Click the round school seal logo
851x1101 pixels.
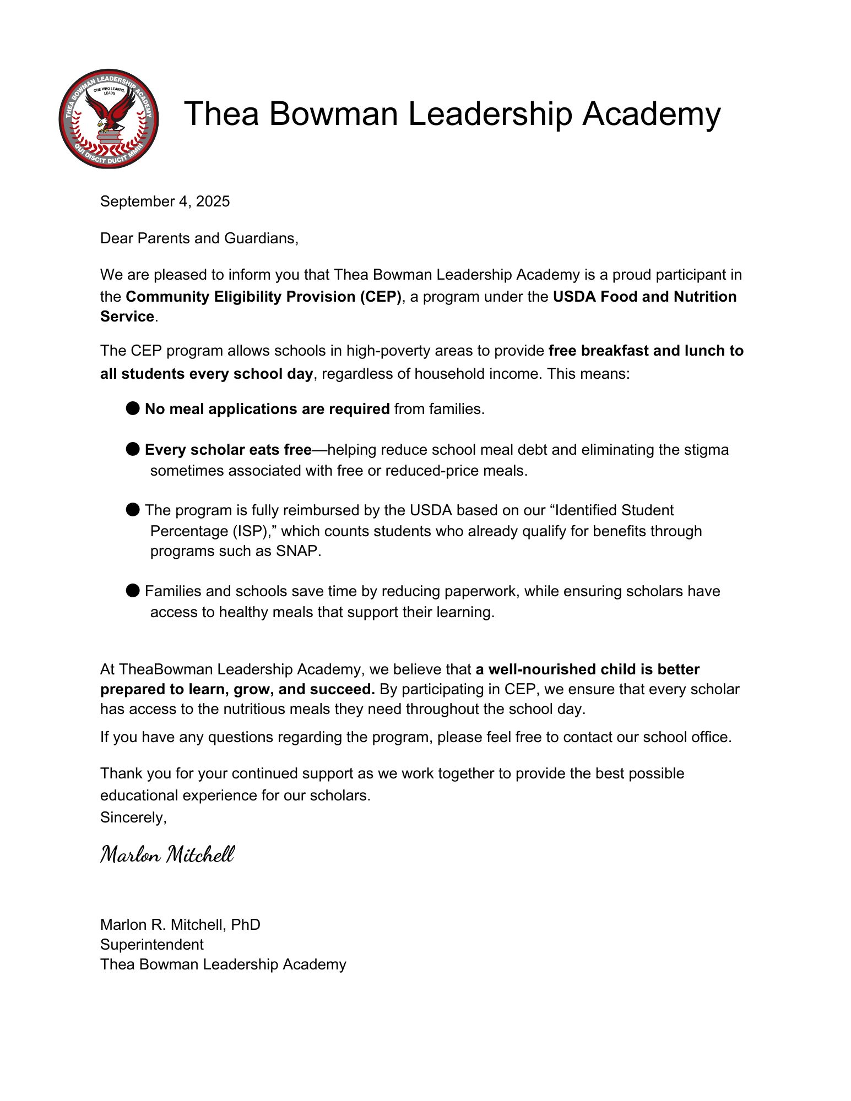click(x=109, y=118)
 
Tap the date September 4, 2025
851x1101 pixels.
click(x=165, y=201)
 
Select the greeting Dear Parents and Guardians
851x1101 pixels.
click(x=199, y=238)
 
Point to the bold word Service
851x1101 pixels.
click(x=127, y=317)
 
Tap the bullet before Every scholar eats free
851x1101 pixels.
click(x=133, y=449)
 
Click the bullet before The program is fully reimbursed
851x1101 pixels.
click(x=133, y=510)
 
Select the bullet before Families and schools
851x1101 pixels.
click(x=133, y=591)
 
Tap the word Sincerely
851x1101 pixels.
click(x=133, y=817)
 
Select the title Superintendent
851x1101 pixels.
click(x=152, y=945)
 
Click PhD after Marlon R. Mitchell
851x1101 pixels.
click(x=246, y=924)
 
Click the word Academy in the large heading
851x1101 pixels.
click(x=651, y=114)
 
